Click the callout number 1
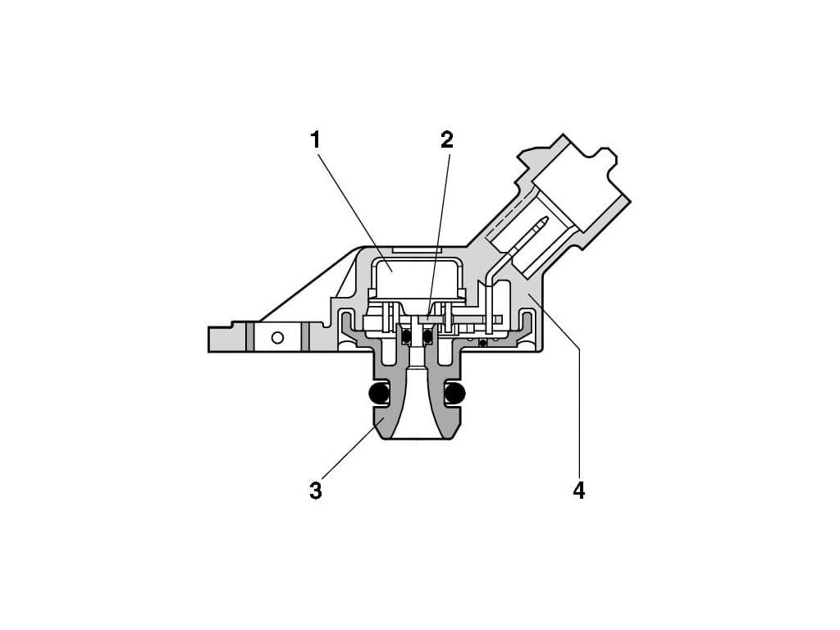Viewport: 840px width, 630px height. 316,139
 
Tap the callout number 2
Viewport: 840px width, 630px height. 447,139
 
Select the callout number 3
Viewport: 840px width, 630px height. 316,491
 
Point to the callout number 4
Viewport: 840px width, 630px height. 579,491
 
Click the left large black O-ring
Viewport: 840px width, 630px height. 379,394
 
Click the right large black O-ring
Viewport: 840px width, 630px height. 454,394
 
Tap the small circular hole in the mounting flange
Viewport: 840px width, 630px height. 277,337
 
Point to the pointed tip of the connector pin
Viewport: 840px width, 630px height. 546,218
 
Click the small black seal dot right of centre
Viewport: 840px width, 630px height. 483,343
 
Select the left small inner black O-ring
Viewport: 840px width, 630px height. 407,336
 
